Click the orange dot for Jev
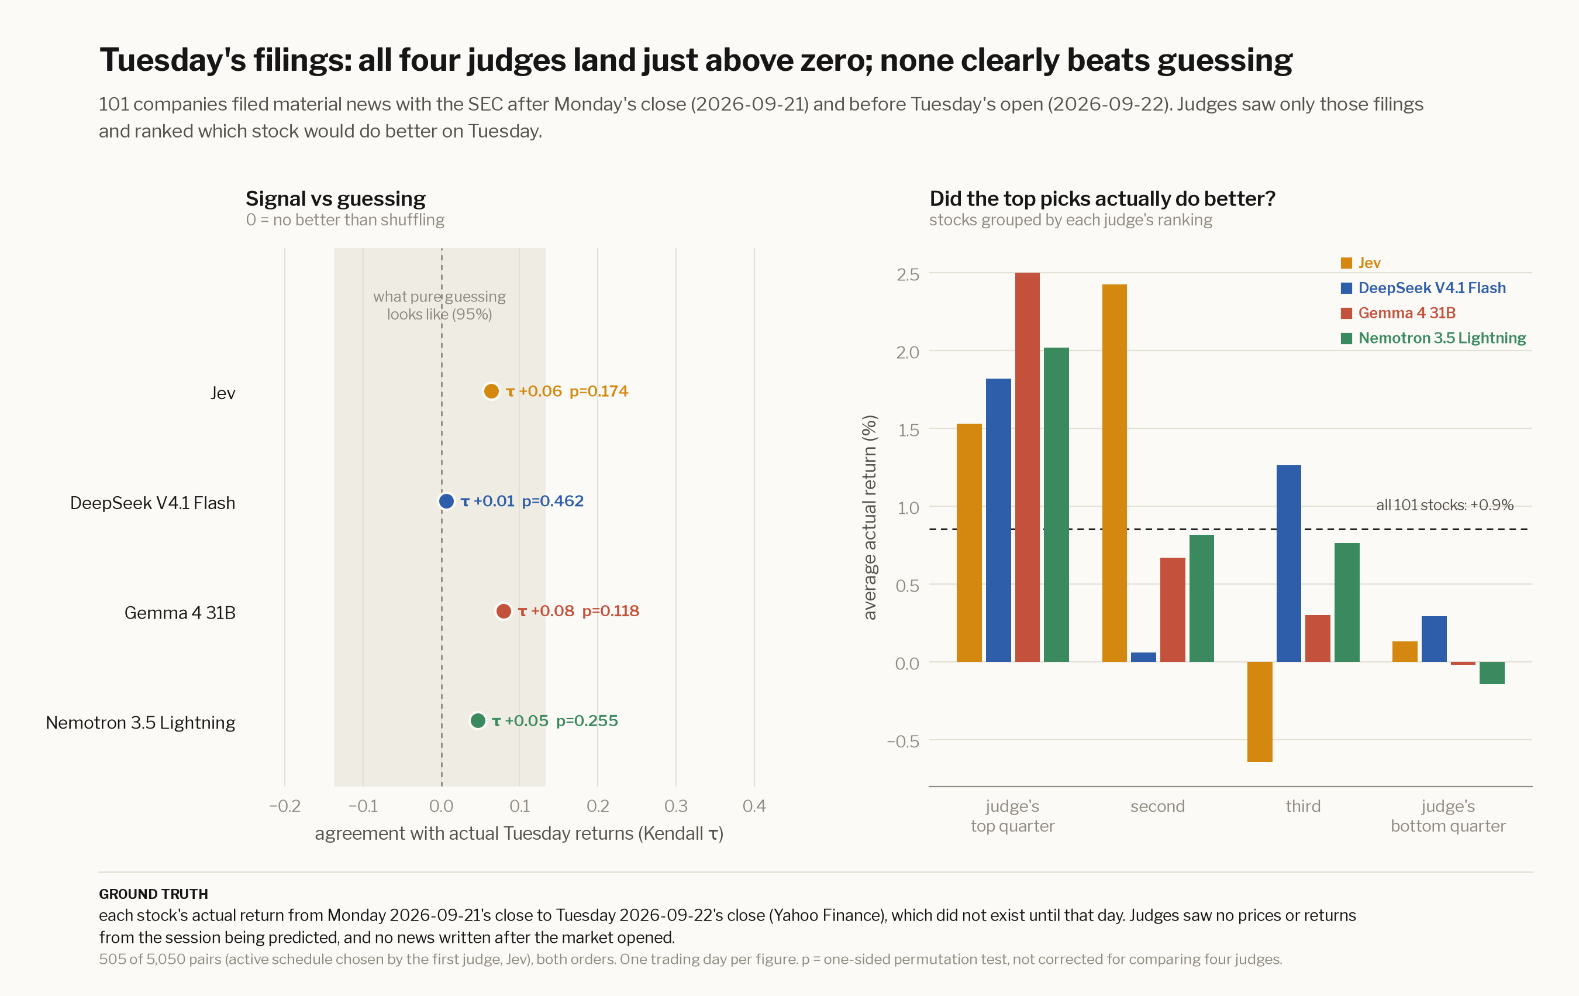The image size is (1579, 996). pos(491,391)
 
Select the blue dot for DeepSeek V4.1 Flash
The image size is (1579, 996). pos(446,502)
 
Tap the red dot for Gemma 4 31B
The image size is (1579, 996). pos(504,612)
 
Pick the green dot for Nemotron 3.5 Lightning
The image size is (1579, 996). pos(478,721)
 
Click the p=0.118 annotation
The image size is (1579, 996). pos(611,611)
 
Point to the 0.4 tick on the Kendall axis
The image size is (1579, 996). pos(754,806)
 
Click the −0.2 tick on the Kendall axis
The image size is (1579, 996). pos(285,806)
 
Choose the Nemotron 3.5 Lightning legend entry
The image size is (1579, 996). pos(1433,338)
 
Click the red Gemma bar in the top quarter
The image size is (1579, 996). pos(1027,467)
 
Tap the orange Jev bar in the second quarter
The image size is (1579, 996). pos(1114,473)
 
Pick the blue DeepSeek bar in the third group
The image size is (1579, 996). pos(1288,564)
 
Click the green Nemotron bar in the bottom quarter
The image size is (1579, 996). pos(1492,673)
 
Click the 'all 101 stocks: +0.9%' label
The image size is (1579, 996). pos(1444,505)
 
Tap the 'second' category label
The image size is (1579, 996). pos(1157,806)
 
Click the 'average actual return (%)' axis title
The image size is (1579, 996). pos(870,517)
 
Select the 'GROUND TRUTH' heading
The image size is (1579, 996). pos(153,894)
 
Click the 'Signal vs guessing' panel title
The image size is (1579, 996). pos(336,199)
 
